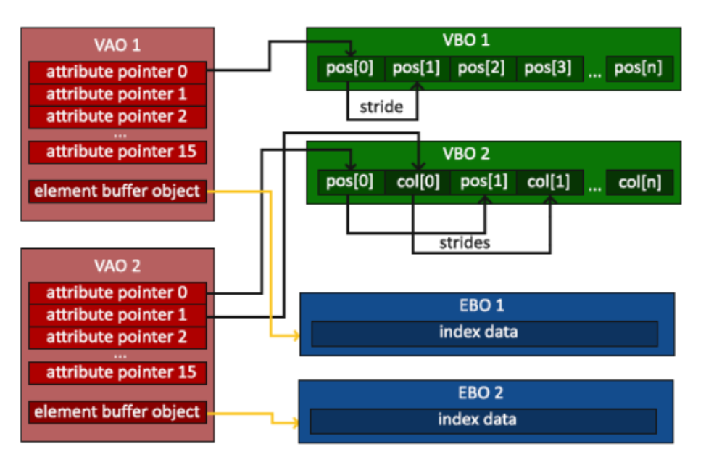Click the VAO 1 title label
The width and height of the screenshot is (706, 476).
coord(117,45)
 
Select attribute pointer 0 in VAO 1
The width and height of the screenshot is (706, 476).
coord(117,73)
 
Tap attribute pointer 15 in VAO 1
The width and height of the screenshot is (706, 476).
coord(117,152)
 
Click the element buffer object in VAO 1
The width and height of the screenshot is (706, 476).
coord(117,192)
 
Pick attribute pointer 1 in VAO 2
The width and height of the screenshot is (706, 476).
coord(117,315)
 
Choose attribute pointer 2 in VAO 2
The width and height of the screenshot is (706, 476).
coord(117,337)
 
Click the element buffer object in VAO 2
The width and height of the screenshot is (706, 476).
coord(117,412)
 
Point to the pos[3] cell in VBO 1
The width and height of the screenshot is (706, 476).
coord(548,69)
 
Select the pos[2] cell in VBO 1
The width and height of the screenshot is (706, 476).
coord(482,69)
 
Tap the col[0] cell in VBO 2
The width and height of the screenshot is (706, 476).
coord(417,181)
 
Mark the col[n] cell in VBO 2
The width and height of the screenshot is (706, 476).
coord(639,181)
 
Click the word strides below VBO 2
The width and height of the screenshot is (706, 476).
coord(464,242)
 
